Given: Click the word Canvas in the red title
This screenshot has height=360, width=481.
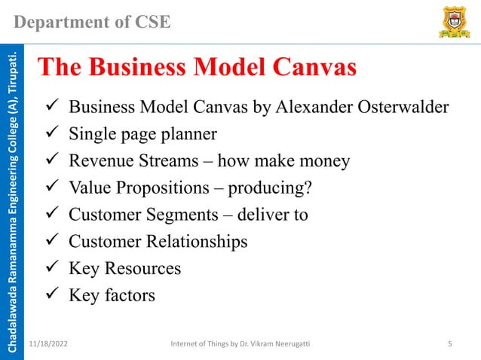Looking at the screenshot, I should (305, 68).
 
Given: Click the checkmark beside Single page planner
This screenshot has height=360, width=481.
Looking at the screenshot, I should (53, 136).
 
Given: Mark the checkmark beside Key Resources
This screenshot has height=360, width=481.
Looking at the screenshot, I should (53, 268).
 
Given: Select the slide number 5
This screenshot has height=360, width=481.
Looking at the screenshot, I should (449, 344).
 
